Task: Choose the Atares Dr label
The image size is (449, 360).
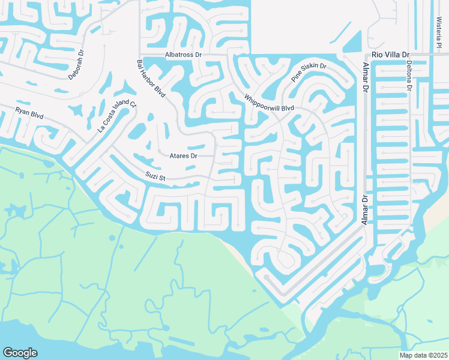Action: [184, 155]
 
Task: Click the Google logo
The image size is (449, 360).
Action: [20, 353]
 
